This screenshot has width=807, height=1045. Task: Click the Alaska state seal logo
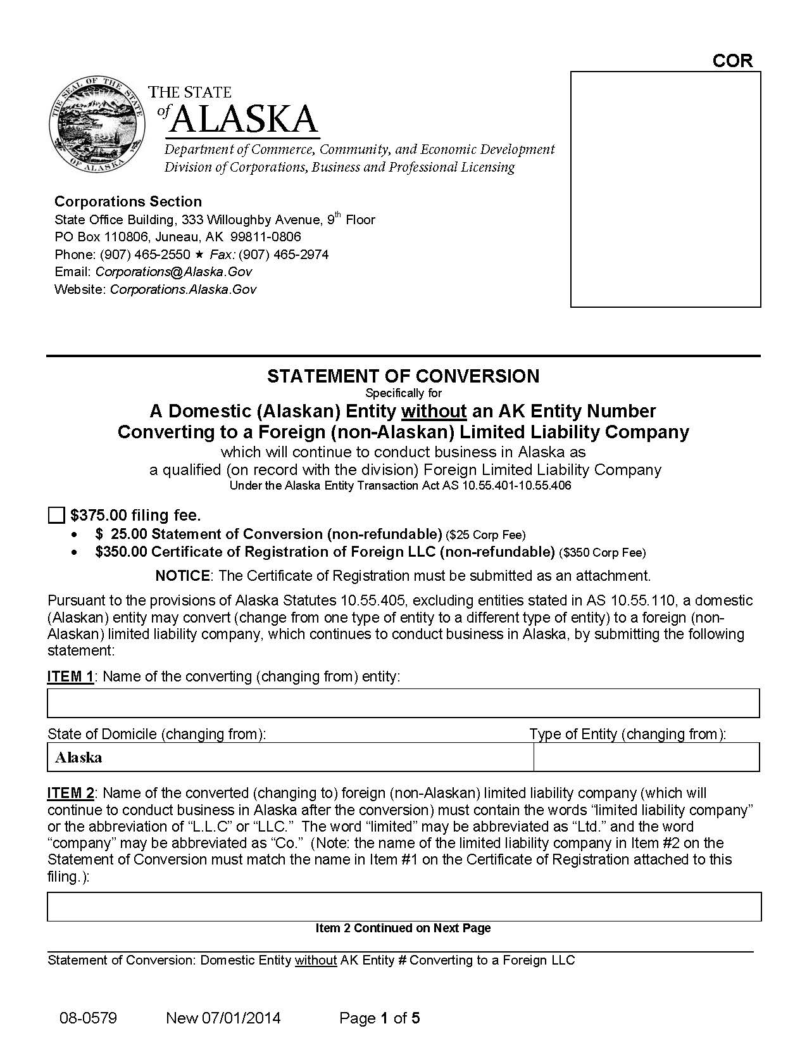96,125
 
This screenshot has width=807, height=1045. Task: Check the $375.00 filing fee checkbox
56,515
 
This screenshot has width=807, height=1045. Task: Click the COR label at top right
732,61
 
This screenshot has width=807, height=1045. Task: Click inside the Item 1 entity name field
403,703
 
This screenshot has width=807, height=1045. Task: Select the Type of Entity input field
646,757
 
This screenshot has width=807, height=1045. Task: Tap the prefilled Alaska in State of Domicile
78,757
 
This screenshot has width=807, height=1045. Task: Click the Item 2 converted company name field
403,906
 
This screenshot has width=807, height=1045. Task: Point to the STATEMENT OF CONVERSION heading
403,376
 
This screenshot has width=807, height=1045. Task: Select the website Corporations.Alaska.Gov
183,289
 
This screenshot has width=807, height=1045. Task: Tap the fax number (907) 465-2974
284,255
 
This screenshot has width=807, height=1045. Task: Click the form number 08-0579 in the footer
88,1018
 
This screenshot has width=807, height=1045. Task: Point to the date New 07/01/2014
223,1018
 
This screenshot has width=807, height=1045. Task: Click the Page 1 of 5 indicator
379,1018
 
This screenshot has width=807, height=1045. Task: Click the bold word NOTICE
182,576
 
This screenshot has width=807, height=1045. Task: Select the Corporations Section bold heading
128,201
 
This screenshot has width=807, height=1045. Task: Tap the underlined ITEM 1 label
70,676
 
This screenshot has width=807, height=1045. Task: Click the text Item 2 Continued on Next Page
403,928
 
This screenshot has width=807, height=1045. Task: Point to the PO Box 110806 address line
177,237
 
